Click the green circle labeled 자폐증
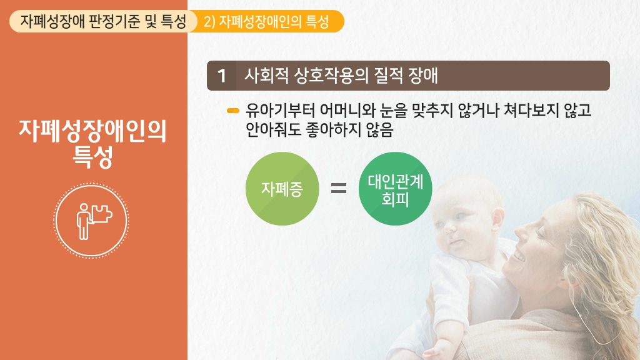(282, 189)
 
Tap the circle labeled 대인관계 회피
(395, 189)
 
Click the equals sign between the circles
(338, 188)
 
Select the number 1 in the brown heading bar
(222, 76)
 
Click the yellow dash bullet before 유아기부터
(232, 111)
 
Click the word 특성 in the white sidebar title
(92, 157)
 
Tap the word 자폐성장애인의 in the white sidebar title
(92, 131)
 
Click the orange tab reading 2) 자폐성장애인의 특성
(266, 21)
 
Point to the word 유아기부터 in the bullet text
(280, 110)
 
